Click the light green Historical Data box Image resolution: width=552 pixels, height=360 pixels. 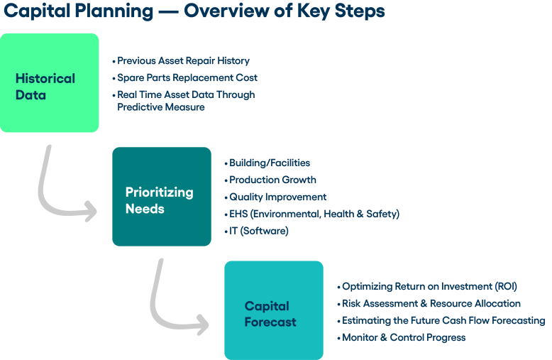50,83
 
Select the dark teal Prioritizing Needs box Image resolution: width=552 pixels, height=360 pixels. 161,197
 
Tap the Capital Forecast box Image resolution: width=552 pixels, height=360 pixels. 273,310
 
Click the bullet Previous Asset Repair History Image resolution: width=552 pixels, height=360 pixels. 183,61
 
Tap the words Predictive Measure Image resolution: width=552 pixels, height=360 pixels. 161,107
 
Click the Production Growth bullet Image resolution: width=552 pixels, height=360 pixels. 272,180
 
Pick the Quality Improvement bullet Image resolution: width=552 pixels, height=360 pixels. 277,197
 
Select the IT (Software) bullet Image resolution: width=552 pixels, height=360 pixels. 258,231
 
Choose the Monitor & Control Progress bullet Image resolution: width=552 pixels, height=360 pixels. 404,337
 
